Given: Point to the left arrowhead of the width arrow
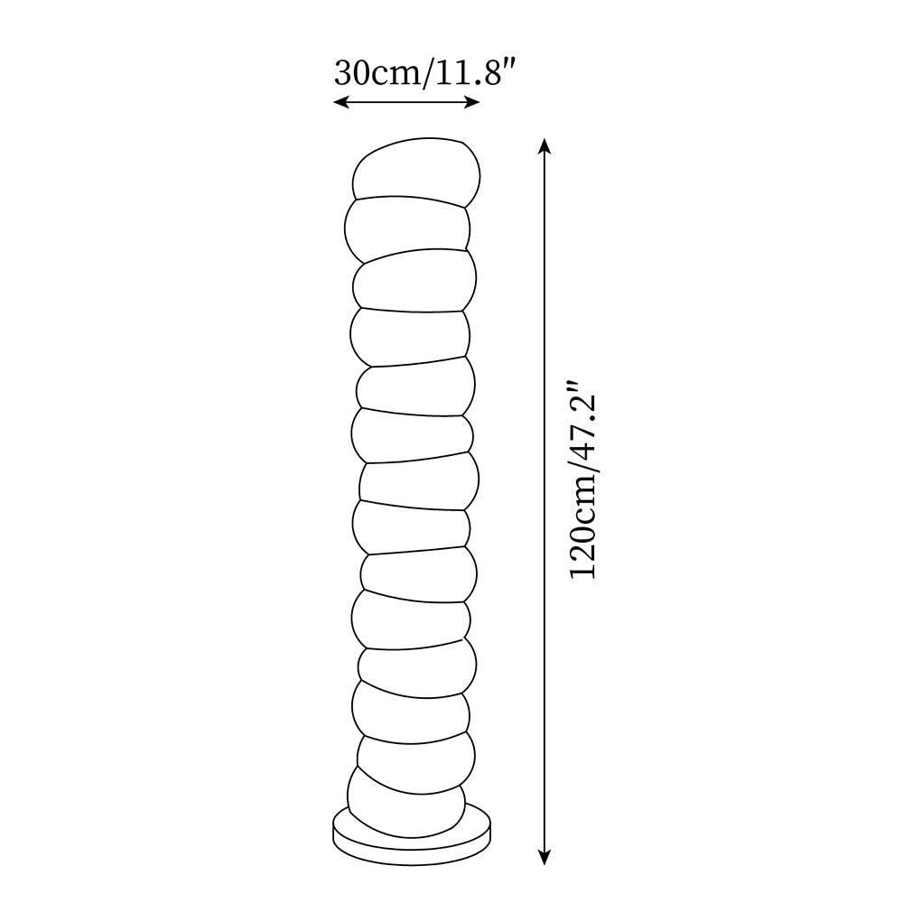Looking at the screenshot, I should pyautogui.click(x=339, y=103).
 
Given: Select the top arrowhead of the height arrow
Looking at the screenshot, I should pyautogui.click(x=544, y=144).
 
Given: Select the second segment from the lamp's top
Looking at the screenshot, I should pyautogui.click(x=408, y=226).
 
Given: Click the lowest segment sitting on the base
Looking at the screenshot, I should pyautogui.click(x=406, y=799).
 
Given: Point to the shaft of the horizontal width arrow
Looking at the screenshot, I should pyautogui.click(x=406, y=103).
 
